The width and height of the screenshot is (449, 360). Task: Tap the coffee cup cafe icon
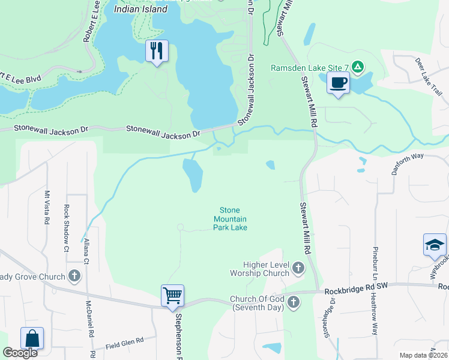click(x=339, y=82)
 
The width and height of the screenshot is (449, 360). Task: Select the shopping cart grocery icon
click(x=172, y=295)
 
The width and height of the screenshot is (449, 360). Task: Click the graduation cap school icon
click(x=435, y=244)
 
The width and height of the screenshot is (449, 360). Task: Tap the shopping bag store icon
click(x=32, y=338)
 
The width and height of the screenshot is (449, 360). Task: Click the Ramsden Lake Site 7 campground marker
click(x=357, y=67)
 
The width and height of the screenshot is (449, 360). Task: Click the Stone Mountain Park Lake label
click(x=231, y=218)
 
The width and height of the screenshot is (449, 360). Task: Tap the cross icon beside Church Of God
click(x=294, y=301)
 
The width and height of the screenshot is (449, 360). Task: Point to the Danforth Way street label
click(x=408, y=163)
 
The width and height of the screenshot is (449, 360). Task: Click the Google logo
click(x=20, y=353)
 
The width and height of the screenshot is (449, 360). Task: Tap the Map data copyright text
click(x=423, y=355)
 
